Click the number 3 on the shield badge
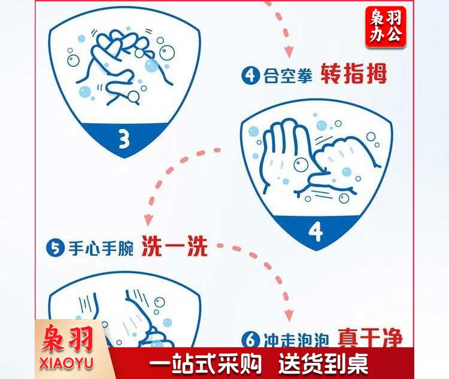(x=124, y=139)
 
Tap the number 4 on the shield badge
(x=316, y=232)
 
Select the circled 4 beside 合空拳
(x=251, y=75)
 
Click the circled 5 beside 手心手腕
(x=55, y=247)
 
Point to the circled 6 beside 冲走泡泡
(x=251, y=340)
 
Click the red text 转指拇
(x=354, y=73)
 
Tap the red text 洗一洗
(x=175, y=246)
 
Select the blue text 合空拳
(x=287, y=76)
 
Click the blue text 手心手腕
(x=101, y=248)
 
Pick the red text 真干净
(x=370, y=338)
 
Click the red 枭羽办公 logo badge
(x=386, y=26)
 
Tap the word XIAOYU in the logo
(x=66, y=363)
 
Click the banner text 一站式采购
(x=205, y=363)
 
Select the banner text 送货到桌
(x=323, y=363)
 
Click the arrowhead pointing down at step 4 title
(x=289, y=51)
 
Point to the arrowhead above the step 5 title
(x=148, y=220)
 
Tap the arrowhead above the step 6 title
(x=289, y=315)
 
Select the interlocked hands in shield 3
(x=123, y=65)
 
